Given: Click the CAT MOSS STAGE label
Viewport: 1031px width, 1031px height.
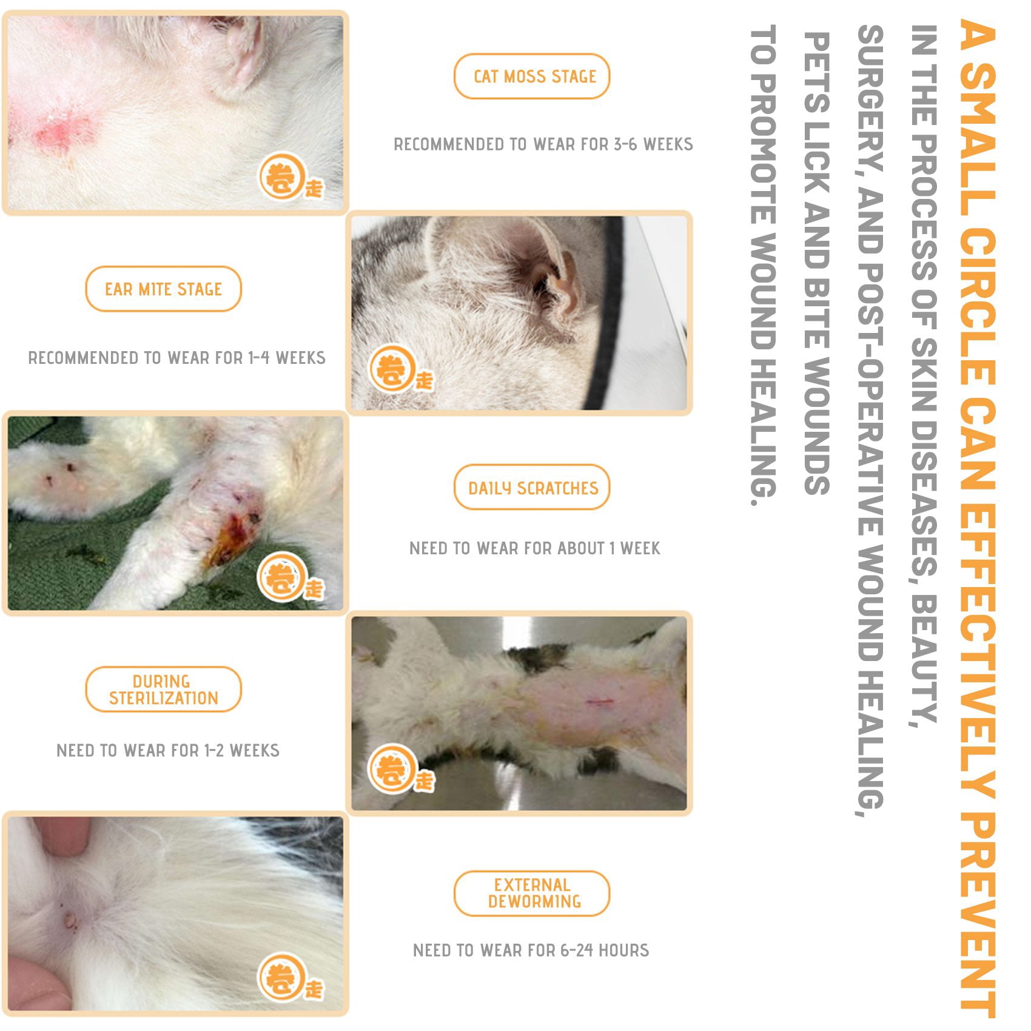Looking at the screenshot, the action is (532, 76).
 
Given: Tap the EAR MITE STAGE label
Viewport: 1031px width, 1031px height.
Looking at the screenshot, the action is (163, 289).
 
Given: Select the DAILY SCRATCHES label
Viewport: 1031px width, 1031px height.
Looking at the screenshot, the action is (532, 488).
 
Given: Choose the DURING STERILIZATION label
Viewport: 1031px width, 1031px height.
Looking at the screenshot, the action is (163, 690).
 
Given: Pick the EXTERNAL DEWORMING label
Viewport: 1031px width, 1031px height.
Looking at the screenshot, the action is (532, 893).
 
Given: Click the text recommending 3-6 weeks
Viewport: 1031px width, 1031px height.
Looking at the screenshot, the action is (543, 144).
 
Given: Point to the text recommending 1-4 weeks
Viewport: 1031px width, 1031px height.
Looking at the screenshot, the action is (176, 358).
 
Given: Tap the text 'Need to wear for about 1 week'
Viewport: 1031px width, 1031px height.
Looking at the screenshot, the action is (534, 548).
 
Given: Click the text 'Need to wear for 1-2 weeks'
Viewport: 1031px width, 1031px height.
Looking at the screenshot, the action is (168, 751).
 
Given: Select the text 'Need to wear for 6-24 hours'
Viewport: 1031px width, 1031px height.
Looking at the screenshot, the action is (531, 950).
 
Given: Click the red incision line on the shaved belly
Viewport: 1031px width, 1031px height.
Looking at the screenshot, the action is (600, 702).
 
